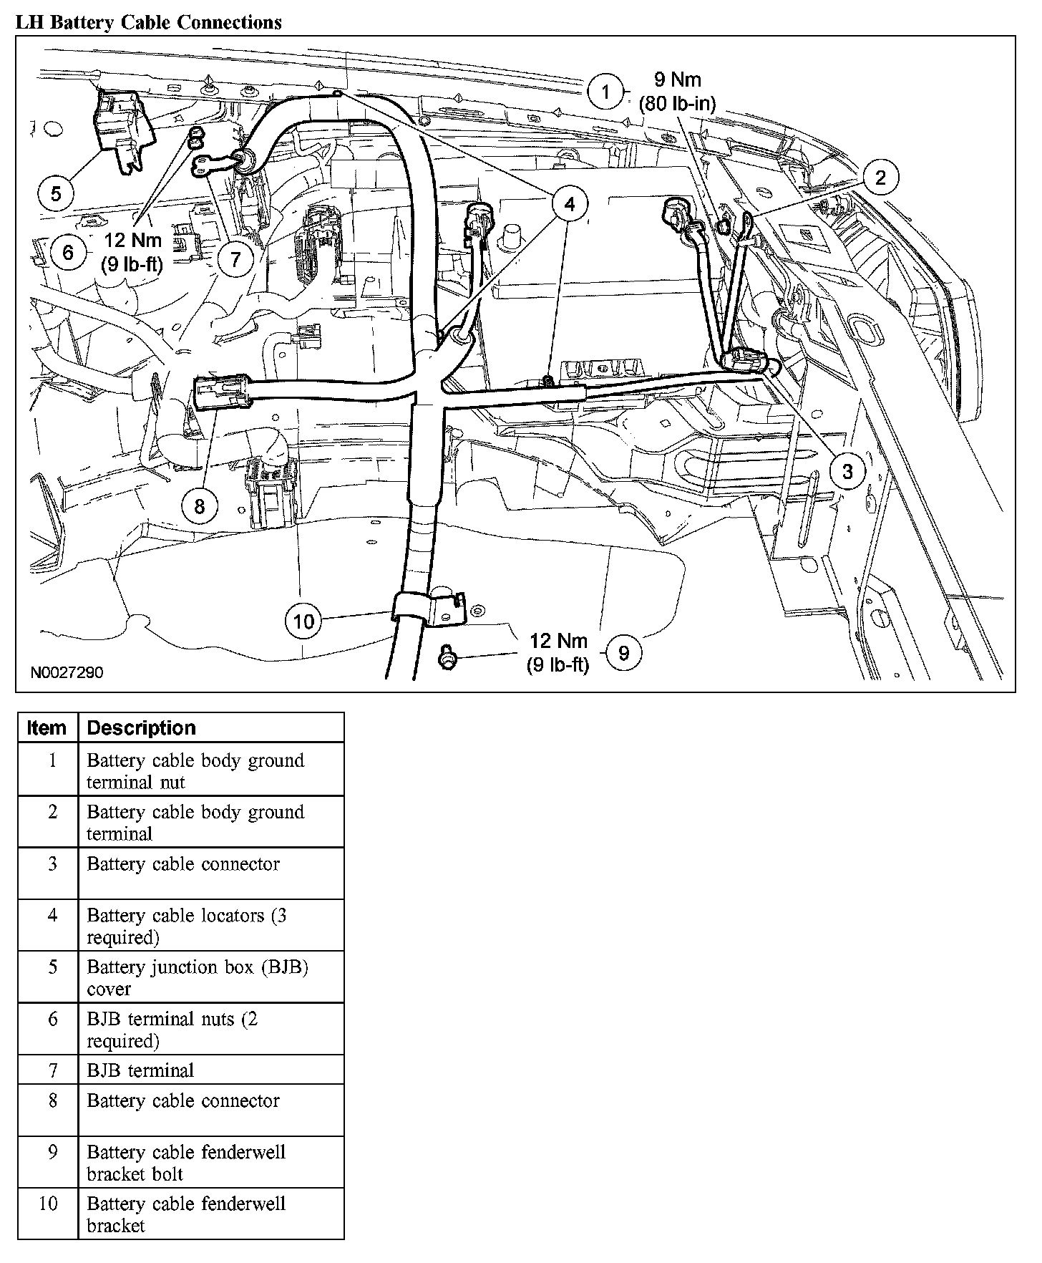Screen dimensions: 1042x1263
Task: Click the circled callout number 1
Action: click(x=606, y=92)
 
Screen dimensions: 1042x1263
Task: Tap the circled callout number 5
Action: click(x=57, y=193)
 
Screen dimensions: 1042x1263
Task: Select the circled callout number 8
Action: click(x=199, y=506)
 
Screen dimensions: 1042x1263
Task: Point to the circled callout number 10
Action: click(x=304, y=621)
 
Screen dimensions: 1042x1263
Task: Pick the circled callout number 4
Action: click(x=569, y=204)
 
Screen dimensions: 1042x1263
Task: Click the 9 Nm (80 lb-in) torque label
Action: click(x=677, y=91)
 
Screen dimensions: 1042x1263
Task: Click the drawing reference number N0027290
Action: click(x=67, y=673)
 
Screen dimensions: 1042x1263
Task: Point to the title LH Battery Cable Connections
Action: click(x=149, y=22)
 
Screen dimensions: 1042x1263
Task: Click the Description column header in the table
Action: click(x=142, y=727)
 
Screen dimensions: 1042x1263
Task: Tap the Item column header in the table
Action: click(x=47, y=727)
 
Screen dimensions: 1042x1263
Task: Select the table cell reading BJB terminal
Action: click(x=140, y=1070)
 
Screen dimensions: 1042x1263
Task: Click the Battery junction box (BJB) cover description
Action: click(x=198, y=977)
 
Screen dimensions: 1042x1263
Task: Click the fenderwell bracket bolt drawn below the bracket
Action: click(x=448, y=657)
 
